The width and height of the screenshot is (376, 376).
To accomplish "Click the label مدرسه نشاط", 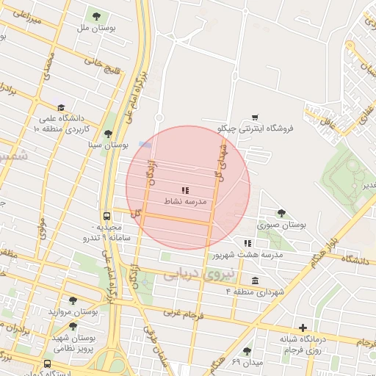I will [x=189, y=200].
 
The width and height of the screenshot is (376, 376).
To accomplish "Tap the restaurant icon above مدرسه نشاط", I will [x=184, y=190].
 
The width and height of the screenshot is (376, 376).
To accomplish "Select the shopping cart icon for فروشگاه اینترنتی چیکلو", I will [x=255, y=117].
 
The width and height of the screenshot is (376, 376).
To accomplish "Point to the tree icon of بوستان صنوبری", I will [x=281, y=212].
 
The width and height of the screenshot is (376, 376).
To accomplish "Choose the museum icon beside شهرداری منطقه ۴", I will [x=255, y=281].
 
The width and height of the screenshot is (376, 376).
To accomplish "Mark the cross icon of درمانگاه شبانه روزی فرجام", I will [x=303, y=327].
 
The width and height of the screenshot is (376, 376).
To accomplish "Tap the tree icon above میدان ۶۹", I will [x=247, y=351].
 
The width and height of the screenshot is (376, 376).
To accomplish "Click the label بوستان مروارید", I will [x=73, y=311].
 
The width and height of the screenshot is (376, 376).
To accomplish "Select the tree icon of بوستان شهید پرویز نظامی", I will [x=73, y=325].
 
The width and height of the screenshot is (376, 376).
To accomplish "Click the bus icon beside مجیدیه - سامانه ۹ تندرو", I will [x=106, y=217].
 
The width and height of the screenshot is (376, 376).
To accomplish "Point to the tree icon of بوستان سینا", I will [x=108, y=134].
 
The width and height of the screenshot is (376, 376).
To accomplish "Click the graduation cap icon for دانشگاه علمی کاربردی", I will [x=62, y=107].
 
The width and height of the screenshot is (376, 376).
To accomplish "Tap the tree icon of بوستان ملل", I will [x=95, y=16].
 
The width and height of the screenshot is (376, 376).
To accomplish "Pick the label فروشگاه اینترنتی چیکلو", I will [x=255, y=128].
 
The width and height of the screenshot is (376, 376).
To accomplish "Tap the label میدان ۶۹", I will [x=247, y=362].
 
